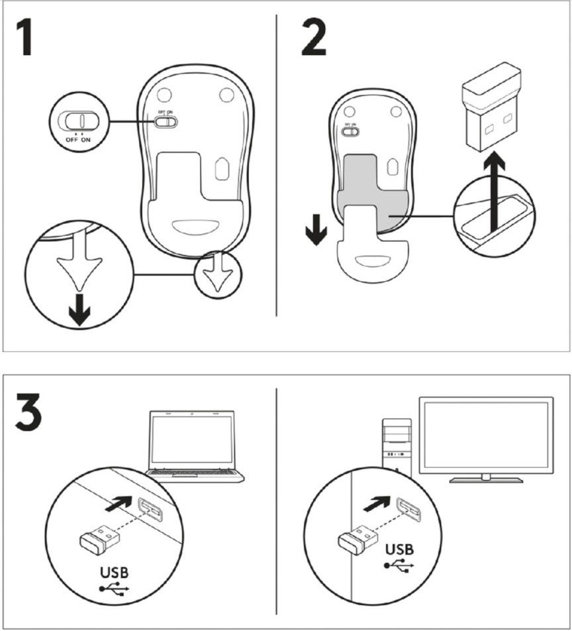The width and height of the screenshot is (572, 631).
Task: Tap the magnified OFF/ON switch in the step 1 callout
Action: (79, 120)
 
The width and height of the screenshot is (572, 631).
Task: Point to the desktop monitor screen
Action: (486, 433)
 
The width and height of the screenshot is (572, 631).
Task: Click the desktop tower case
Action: (398, 444)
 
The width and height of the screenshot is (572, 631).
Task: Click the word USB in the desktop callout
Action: (399, 550)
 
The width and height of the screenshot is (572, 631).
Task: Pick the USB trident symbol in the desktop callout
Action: (399, 565)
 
